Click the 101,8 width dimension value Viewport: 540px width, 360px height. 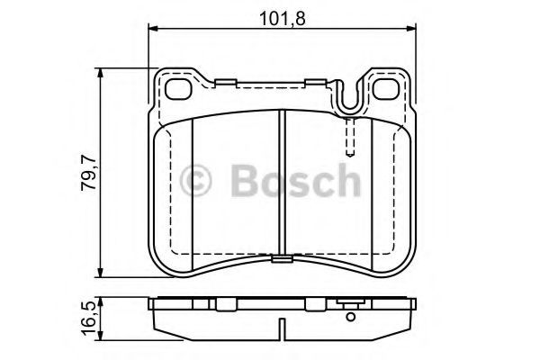pyautogui.click(x=282, y=19)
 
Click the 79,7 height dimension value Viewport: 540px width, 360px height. pyautogui.click(x=88, y=173)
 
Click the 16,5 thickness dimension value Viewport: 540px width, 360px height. pyautogui.click(x=88, y=318)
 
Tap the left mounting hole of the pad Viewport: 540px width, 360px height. pyautogui.click(x=178, y=89)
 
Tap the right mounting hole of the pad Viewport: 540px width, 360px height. pyautogui.click(x=386, y=89)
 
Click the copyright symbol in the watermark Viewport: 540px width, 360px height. pyautogui.click(x=195, y=181)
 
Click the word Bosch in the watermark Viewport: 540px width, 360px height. pyautogui.click(x=295, y=180)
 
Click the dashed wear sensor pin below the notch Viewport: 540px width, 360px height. pyautogui.click(x=350, y=137)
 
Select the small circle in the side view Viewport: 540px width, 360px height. pyautogui.click(x=351, y=317)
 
